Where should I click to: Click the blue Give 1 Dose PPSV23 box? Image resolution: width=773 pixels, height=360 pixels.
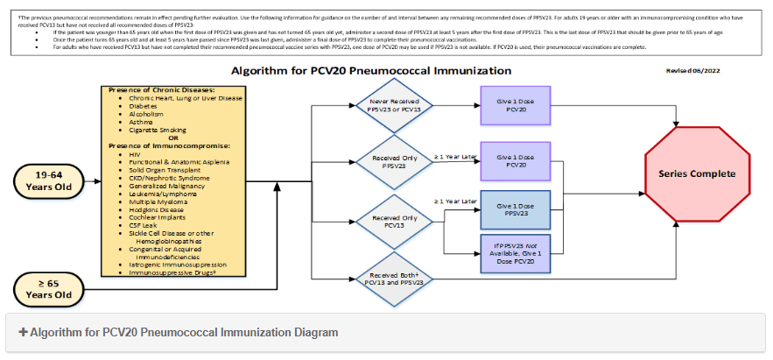click(x=515, y=209)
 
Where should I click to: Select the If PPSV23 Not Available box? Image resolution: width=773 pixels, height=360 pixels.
click(x=515, y=253)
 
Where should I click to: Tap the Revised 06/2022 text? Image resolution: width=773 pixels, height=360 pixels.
click(x=692, y=69)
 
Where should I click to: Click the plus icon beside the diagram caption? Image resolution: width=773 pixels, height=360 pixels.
click(x=22, y=333)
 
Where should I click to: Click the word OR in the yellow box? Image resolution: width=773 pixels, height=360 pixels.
click(x=173, y=138)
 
